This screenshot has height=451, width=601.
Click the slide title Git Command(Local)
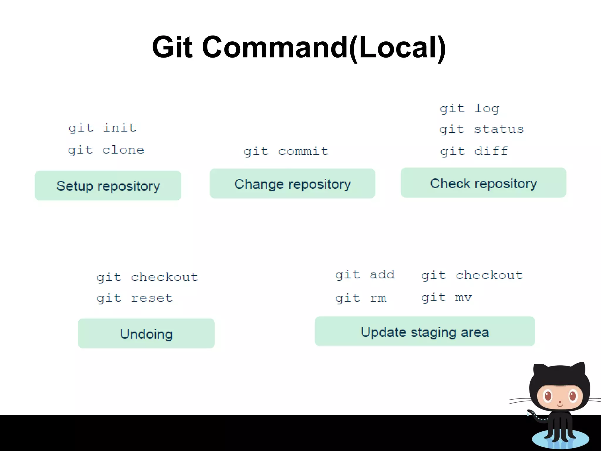pyautogui.click(x=299, y=47)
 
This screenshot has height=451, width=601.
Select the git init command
pyautogui.click(x=102, y=128)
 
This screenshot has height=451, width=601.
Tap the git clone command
pyautogui.click(x=106, y=150)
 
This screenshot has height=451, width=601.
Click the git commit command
pyautogui.click(x=286, y=152)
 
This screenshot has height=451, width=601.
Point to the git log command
pyautogui.click(x=469, y=109)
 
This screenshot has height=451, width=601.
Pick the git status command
pyautogui.click(x=482, y=129)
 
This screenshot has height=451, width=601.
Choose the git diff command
pyautogui.click(x=474, y=152)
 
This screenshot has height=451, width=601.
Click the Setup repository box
pyautogui.click(x=108, y=186)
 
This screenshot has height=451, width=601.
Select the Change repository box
pyautogui.click(x=292, y=184)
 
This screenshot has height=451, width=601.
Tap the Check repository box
pyautogui.click(x=483, y=183)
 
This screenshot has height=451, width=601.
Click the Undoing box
pyautogui.click(x=146, y=334)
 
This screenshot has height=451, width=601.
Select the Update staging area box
pyautogui.click(x=425, y=331)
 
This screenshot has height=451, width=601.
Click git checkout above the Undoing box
pyautogui.click(x=147, y=277)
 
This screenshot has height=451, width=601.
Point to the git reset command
pyautogui.click(x=135, y=298)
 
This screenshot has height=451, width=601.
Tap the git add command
pyautogui.click(x=365, y=275)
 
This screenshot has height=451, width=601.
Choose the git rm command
pyautogui.click(x=361, y=298)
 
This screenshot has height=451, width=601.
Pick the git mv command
pyautogui.click(x=446, y=298)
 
